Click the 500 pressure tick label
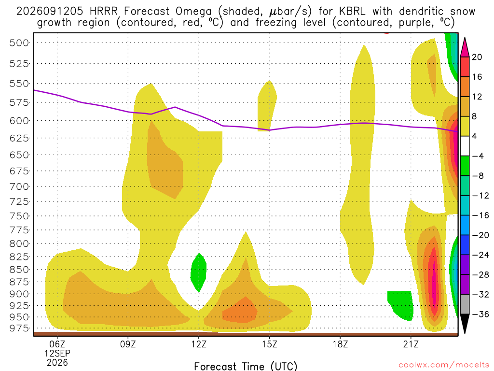point(19,43)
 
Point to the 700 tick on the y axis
point(19,186)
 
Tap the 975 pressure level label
point(19,328)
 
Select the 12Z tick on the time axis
point(199,344)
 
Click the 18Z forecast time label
point(340,344)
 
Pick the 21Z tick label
point(411,344)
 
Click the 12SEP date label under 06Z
point(57,353)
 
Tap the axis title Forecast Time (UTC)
point(246,366)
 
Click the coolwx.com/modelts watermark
point(444,365)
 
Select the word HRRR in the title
point(103,12)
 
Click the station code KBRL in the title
point(352,12)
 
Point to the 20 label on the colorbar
point(477,57)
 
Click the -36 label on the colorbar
point(480,314)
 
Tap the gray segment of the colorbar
point(465,304)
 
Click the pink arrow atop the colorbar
point(465,47)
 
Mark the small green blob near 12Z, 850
point(198,272)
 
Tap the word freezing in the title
point(276,23)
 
